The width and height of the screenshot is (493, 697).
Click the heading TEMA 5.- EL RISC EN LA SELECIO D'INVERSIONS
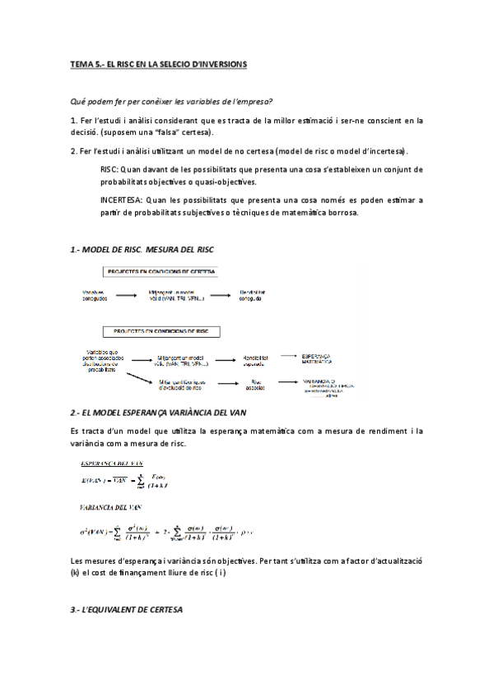158,64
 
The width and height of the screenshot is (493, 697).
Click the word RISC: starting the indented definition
109,169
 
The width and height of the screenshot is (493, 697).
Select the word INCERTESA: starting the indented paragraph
120,200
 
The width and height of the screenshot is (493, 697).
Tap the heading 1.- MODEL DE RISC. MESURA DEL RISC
142,247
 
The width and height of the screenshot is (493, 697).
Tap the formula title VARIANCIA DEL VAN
113,508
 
